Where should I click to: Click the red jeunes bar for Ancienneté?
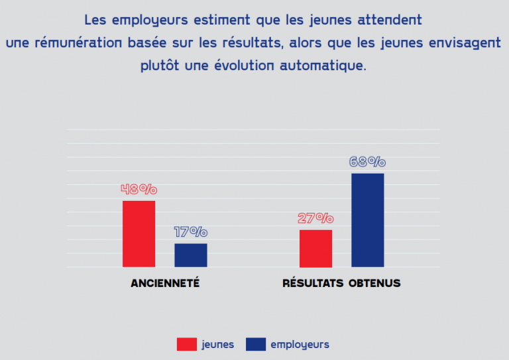(x=139, y=233)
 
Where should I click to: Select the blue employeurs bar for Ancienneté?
(x=191, y=255)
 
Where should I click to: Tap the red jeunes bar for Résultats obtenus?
(x=315, y=248)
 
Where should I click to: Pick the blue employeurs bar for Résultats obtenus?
(x=368, y=220)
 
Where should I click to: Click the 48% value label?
(x=139, y=189)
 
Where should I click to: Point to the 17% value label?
(x=191, y=232)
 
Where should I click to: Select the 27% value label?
(x=315, y=218)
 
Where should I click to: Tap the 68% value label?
(x=367, y=162)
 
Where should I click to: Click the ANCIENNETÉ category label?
(x=165, y=283)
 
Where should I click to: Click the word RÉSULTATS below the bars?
(x=313, y=283)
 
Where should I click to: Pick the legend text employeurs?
(x=300, y=344)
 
